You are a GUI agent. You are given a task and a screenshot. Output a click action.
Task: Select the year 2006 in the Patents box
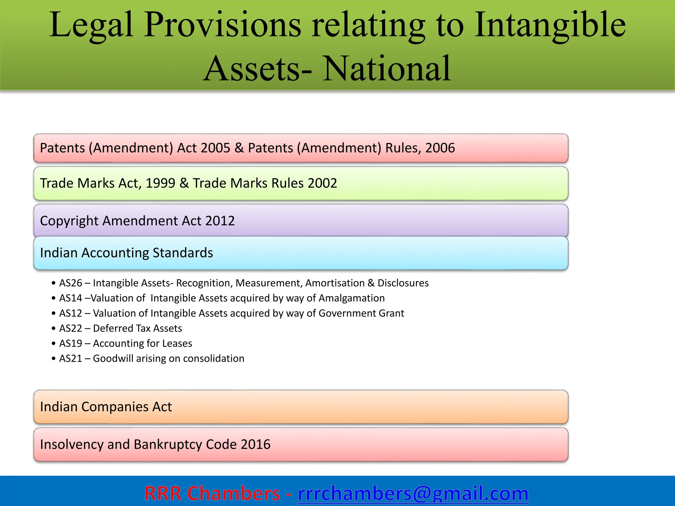(440, 148)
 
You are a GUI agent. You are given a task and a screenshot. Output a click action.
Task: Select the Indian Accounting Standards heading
(126, 253)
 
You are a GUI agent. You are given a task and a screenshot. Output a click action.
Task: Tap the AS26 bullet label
(71, 283)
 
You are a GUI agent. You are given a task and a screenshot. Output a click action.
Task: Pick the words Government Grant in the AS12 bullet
(361, 313)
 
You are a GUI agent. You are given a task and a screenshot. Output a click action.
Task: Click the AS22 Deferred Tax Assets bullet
(121, 328)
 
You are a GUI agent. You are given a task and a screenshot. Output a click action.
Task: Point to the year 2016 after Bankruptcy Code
(255, 444)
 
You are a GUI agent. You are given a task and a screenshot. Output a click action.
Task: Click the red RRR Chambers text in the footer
(212, 493)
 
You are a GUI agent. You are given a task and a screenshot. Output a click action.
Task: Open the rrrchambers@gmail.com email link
(413, 493)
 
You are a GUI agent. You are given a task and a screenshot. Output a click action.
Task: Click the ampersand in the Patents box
(239, 148)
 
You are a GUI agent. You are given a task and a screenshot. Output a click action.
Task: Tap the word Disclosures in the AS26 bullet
(403, 283)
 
